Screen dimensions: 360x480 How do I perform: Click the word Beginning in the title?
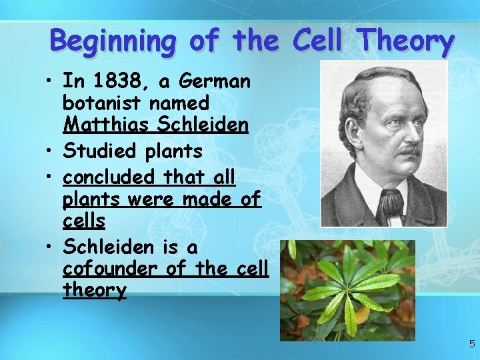(113, 41)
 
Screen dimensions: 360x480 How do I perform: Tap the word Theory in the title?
(406, 41)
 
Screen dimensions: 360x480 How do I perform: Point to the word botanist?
(101, 103)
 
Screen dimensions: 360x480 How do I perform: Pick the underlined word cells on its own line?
(85, 221)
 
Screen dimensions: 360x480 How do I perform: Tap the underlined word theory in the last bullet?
(95, 290)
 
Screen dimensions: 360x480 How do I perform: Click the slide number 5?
(471, 344)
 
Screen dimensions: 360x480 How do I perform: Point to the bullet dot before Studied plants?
(51, 151)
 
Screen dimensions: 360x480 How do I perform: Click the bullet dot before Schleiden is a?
(51, 247)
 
